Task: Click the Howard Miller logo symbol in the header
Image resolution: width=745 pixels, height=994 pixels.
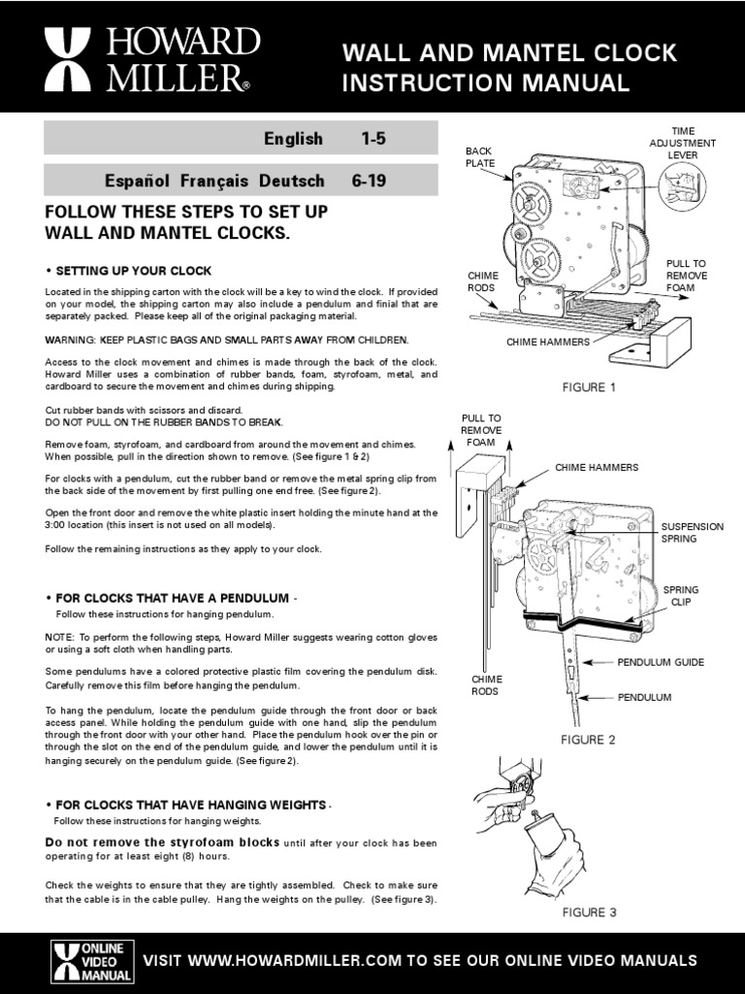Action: pos(68,59)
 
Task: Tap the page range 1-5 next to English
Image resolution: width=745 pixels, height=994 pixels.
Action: pos(373,138)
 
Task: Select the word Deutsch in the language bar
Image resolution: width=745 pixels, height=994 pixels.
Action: pos(291,181)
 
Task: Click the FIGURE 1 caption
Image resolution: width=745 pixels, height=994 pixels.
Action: pos(589,387)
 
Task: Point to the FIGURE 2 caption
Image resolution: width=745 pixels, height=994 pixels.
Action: pos(588,739)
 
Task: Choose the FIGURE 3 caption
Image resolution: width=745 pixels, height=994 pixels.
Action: pos(589,912)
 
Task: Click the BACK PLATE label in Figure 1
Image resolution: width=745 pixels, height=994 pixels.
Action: pos(479,156)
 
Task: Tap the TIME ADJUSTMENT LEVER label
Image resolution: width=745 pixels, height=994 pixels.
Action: pos(682,143)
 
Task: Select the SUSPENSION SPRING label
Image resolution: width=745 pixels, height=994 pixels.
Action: pos(692,533)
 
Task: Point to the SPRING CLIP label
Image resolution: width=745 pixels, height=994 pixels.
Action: pos(680,595)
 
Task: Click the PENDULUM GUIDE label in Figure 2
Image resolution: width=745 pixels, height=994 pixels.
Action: pos(661,662)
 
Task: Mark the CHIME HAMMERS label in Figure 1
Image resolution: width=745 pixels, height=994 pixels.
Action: pos(548,342)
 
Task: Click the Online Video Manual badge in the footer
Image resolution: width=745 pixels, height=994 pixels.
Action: pos(92,962)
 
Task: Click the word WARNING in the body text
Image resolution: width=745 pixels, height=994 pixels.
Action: pos(70,340)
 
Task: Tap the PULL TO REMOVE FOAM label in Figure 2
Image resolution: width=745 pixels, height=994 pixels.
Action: pos(481,430)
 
